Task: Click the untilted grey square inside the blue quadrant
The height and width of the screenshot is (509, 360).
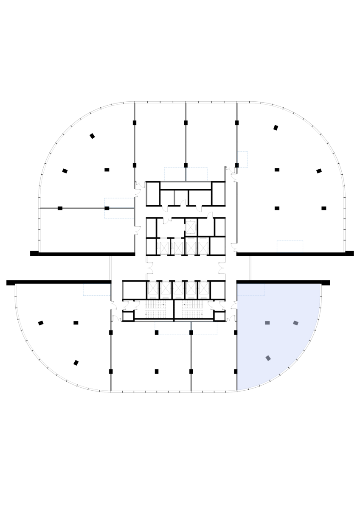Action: (x=267, y=323)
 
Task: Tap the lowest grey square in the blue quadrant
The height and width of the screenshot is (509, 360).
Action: (x=268, y=358)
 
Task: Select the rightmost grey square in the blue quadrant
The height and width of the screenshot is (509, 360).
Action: (x=296, y=323)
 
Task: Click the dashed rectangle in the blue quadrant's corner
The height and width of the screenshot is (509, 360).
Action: (x=251, y=290)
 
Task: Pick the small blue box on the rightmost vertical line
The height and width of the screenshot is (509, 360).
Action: (x=243, y=159)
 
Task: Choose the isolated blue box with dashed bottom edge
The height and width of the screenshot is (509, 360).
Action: (x=290, y=246)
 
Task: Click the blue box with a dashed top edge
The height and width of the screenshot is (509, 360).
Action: (x=97, y=290)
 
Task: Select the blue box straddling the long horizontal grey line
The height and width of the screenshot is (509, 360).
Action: (x=120, y=208)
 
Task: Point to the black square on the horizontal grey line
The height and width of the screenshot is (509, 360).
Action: (x=107, y=208)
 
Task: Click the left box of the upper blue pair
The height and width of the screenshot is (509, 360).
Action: (x=174, y=174)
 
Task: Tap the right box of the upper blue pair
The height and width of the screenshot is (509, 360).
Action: (x=197, y=174)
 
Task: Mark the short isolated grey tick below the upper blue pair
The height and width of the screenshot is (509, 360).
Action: (x=174, y=198)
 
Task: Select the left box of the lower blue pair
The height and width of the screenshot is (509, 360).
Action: (x=173, y=328)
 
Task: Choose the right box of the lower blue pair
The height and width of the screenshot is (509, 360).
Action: (x=205, y=328)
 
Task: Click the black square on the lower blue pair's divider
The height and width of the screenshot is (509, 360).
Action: (x=191, y=333)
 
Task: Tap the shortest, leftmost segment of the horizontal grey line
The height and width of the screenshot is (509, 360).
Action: (x=60, y=208)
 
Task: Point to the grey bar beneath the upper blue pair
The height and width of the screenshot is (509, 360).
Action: (x=186, y=182)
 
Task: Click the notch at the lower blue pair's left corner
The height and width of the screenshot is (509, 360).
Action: (x=157, y=333)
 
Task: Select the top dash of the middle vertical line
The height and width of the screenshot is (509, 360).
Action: (x=186, y=112)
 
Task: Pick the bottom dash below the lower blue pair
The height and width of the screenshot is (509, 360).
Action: (x=191, y=382)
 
